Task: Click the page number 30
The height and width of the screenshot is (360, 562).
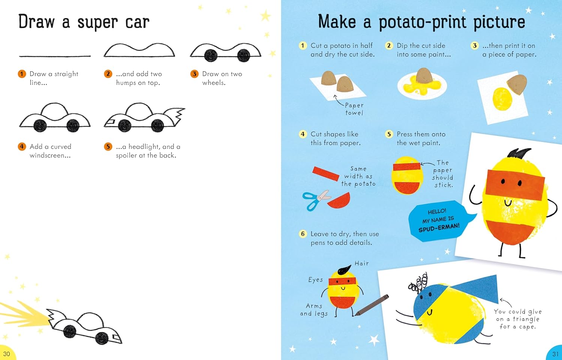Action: pyautogui.click(x=6, y=354)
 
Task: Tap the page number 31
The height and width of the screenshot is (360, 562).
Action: pyautogui.click(x=555, y=354)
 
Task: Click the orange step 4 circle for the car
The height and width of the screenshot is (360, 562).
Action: pyautogui.click(x=22, y=146)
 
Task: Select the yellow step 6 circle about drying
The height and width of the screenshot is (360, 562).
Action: pyautogui.click(x=303, y=234)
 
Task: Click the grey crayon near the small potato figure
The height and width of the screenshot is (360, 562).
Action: pyautogui.click(x=372, y=305)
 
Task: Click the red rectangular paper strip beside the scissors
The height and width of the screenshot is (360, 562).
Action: pyautogui.click(x=326, y=173)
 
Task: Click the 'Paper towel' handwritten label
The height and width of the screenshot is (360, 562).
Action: pyautogui.click(x=354, y=109)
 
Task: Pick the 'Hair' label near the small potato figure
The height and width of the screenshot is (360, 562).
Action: pyautogui.click(x=362, y=263)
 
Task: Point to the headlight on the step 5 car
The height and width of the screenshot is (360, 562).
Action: pyautogui.click(x=110, y=122)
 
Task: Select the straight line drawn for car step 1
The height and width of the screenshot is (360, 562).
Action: pyautogui.click(x=55, y=56)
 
